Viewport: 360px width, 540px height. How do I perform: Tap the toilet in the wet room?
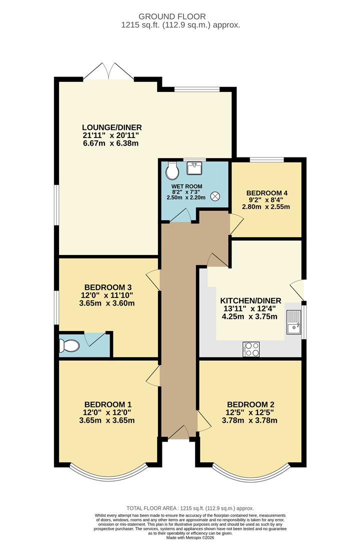point(172,170)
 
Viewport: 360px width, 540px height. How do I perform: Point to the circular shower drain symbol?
point(215,196)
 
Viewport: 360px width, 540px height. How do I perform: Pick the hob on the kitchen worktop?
point(250,349)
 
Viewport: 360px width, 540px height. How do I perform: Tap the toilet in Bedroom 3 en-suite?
point(68,345)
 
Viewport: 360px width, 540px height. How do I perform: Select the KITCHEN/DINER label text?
point(250,300)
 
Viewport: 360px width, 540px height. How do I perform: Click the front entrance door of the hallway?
point(178,433)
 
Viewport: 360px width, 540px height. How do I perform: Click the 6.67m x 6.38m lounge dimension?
point(111,143)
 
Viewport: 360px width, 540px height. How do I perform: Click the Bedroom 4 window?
point(266,160)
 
